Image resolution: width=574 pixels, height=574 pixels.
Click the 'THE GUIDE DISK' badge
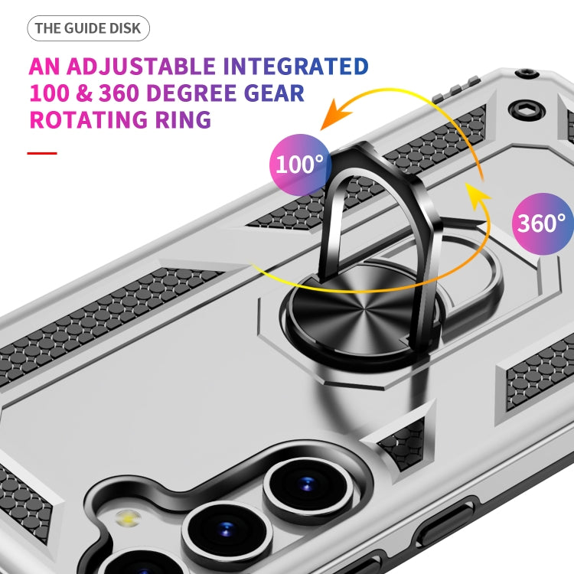coord(88,29)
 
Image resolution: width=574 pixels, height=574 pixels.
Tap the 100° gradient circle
coord(299,163)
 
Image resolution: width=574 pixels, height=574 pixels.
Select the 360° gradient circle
coord(541,223)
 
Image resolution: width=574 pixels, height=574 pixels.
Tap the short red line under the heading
coord(42,153)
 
